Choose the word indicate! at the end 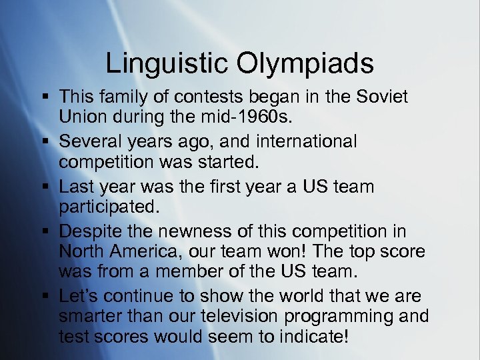coord(311,337)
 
